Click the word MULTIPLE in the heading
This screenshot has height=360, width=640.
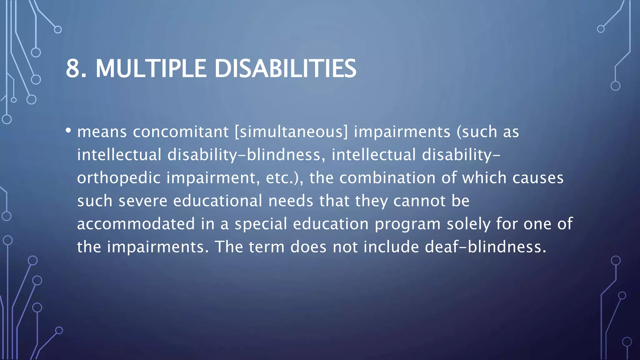click(151, 68)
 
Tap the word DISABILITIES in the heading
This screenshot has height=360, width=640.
click(285, 68)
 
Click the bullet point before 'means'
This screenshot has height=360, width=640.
click(68, 130)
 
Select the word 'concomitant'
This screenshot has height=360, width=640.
click(181, 132)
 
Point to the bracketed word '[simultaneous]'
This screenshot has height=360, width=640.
click(291, 132)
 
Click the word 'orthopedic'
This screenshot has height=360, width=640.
click(119, 178)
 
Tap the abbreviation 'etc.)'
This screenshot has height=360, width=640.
click(284, 178)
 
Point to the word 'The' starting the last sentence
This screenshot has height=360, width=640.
click(229, 247)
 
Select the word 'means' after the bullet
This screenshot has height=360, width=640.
click(102, 132)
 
